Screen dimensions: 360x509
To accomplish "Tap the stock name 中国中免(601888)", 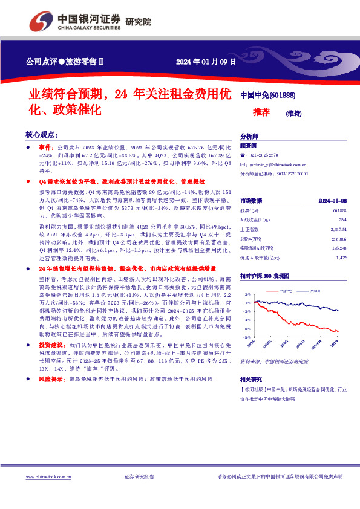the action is click(267, 95).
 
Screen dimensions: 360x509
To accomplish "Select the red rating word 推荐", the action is click(261, 112).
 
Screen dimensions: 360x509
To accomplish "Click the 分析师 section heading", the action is click(249, 137).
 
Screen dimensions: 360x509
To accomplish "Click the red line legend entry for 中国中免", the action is click(284, 291).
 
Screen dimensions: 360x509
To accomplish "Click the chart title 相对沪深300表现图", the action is click(264, 275).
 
